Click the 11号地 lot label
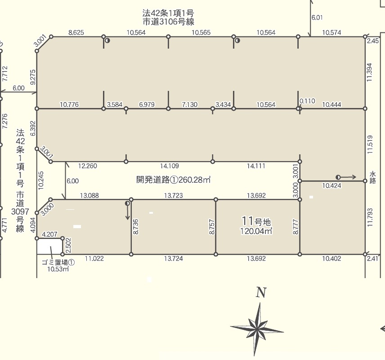click(256, 221)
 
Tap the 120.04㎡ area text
click(256, 231)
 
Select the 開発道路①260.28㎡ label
click(173, 180)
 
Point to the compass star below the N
click(257, 329)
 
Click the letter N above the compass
click(261, 292)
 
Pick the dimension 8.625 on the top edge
click(76, 32)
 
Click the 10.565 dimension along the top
click(201, 32)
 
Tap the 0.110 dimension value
click(307, 101)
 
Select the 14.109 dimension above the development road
click(170, 166)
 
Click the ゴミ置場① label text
click(58, 262)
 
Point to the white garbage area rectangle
click(49, 247)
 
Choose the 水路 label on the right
click(373, 178)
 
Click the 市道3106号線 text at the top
click(168, 22)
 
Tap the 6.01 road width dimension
click(317, 18)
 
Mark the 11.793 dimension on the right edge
click(370, 217)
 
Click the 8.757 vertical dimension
click(212, 227)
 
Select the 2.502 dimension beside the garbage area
click(68, 245)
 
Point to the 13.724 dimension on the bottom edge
click(174, 258)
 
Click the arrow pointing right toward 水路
click(346, 177)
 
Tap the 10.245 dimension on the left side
click(41, 180)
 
